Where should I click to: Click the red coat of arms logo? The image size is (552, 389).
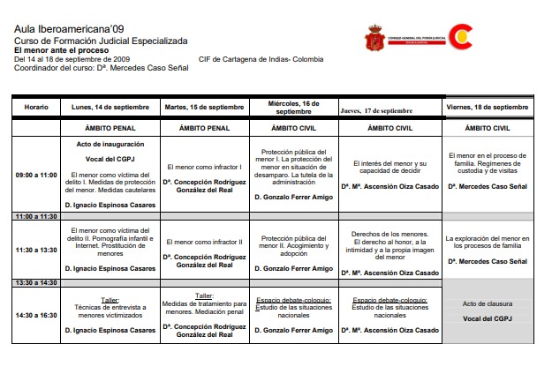click(x=374, y=38)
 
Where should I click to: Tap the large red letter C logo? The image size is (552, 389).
click(x=461, y=36)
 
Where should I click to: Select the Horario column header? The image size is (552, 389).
click(x=36, y=107)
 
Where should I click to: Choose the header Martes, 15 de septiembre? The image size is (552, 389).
click(x=206, y=107)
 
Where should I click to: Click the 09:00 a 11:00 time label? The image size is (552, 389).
click(x=36, y=175)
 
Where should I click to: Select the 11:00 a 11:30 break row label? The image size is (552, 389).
click(x=36, y=216)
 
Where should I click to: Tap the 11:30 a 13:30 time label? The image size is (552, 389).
click(x=36, y=250)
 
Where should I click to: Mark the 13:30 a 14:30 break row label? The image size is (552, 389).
click(x=36, y=282)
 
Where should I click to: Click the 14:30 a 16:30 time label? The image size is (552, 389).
click(x=36, y=315)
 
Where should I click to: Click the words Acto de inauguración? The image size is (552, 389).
click(x=110, y=144)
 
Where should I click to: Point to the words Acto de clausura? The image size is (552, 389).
click(x=488, y=304)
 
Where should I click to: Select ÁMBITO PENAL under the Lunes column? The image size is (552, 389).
click(x=110, y=128)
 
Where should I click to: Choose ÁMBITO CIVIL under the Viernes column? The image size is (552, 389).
click(x=488, y=128)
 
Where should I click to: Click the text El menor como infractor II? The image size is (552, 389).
click(x=206, y=242)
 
